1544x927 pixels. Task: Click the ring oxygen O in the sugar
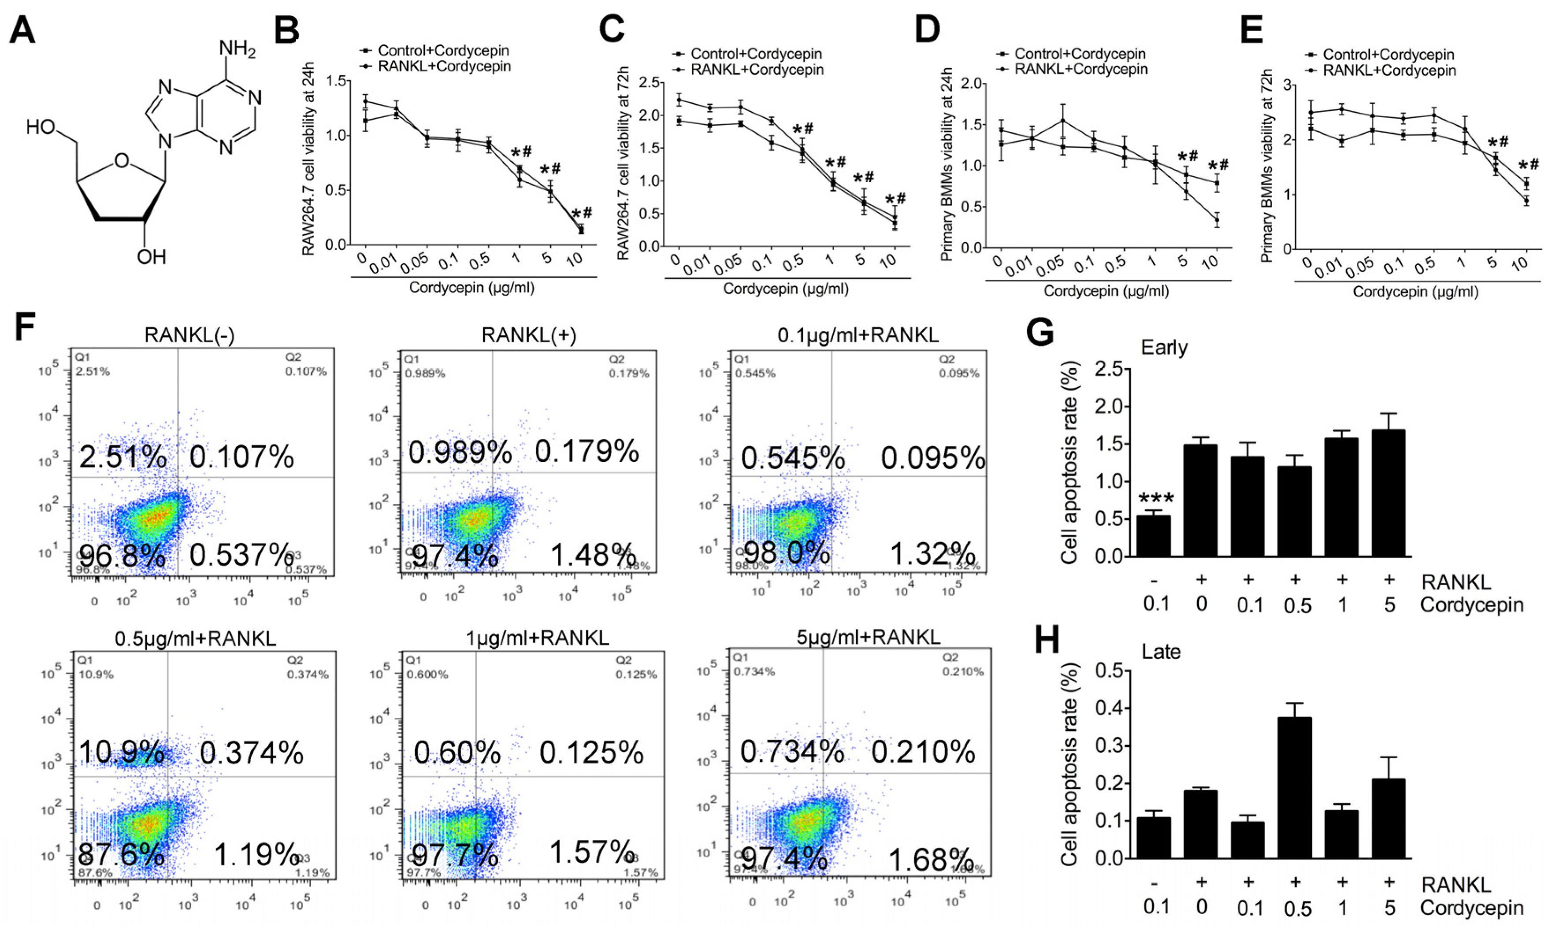tap(122, 161)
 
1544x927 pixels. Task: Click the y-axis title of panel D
tap(946, 163)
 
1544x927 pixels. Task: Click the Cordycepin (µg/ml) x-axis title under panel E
tap(1415, 292)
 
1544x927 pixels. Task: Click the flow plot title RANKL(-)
tap(189, 335)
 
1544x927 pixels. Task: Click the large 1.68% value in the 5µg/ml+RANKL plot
tap(930, 860)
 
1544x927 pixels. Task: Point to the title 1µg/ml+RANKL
tap(537, 638)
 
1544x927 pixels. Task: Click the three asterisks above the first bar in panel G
tap(1156, 499)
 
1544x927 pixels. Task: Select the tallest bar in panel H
tap(1294, 787)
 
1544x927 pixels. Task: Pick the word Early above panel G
tap(1164, 347)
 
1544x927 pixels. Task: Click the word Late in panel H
tap(1161, 652)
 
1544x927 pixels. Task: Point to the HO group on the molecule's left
tap(41, 127)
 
